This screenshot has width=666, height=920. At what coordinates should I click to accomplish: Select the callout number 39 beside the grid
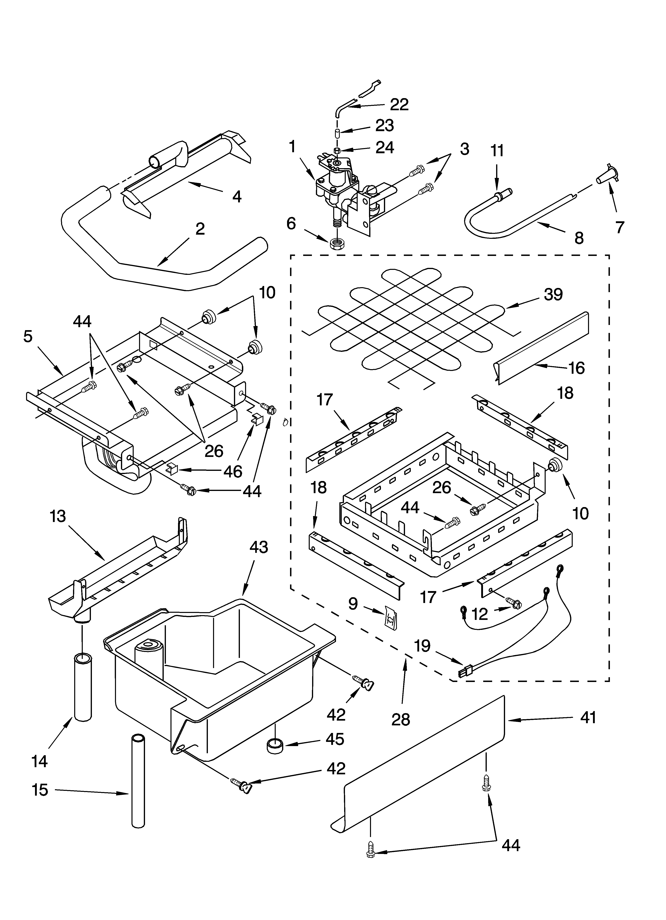(553, 295)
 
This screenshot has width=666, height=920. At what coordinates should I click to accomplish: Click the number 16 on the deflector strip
(576, 368)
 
